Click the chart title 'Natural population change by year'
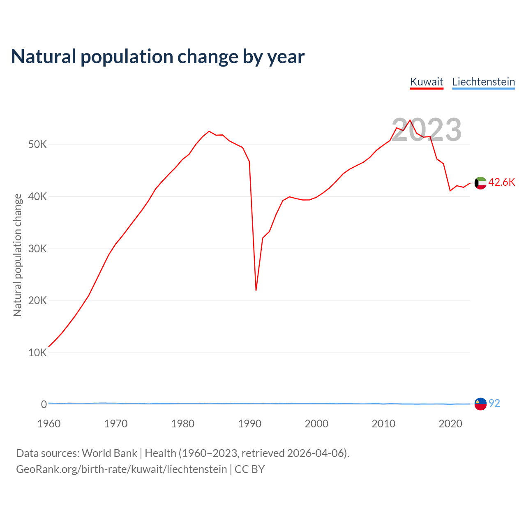coord(158,57)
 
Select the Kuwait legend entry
coord(427,82)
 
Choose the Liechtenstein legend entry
coord(483,82)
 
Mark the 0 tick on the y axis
coord(44,404)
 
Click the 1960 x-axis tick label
coord(49,424)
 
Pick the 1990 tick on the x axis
coord(250,424)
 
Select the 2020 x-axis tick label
coord(450,424)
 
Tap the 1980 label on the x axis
coord(183,424)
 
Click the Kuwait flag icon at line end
coord(480,183)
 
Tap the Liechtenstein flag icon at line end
coord(480,404)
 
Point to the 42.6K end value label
coord(501,182)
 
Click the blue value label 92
coord(494,403)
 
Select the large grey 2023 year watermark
coord(426,130)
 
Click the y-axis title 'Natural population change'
coord(18,255)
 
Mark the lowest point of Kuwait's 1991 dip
coord(256,290)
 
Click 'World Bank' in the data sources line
coord(109,453)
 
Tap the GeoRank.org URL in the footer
coord(121,469)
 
